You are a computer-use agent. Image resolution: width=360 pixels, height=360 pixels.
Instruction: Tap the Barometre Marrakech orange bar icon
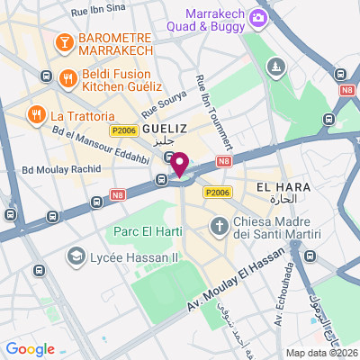click(x=65, y=42)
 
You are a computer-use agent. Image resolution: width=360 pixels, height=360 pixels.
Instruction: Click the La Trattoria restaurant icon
click(x=36, y=115)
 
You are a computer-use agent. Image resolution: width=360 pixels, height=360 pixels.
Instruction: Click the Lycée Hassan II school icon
click(x=76, y=257)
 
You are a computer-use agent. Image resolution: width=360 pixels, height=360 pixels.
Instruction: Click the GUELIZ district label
click(x=164, y=129)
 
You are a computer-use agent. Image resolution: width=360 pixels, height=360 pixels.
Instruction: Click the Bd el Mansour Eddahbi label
click(x=101, y=144)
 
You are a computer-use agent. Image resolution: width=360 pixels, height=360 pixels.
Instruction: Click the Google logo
click(x=30, y=349)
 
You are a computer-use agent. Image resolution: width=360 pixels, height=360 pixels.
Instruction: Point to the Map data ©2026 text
click(x=321, y=353)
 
